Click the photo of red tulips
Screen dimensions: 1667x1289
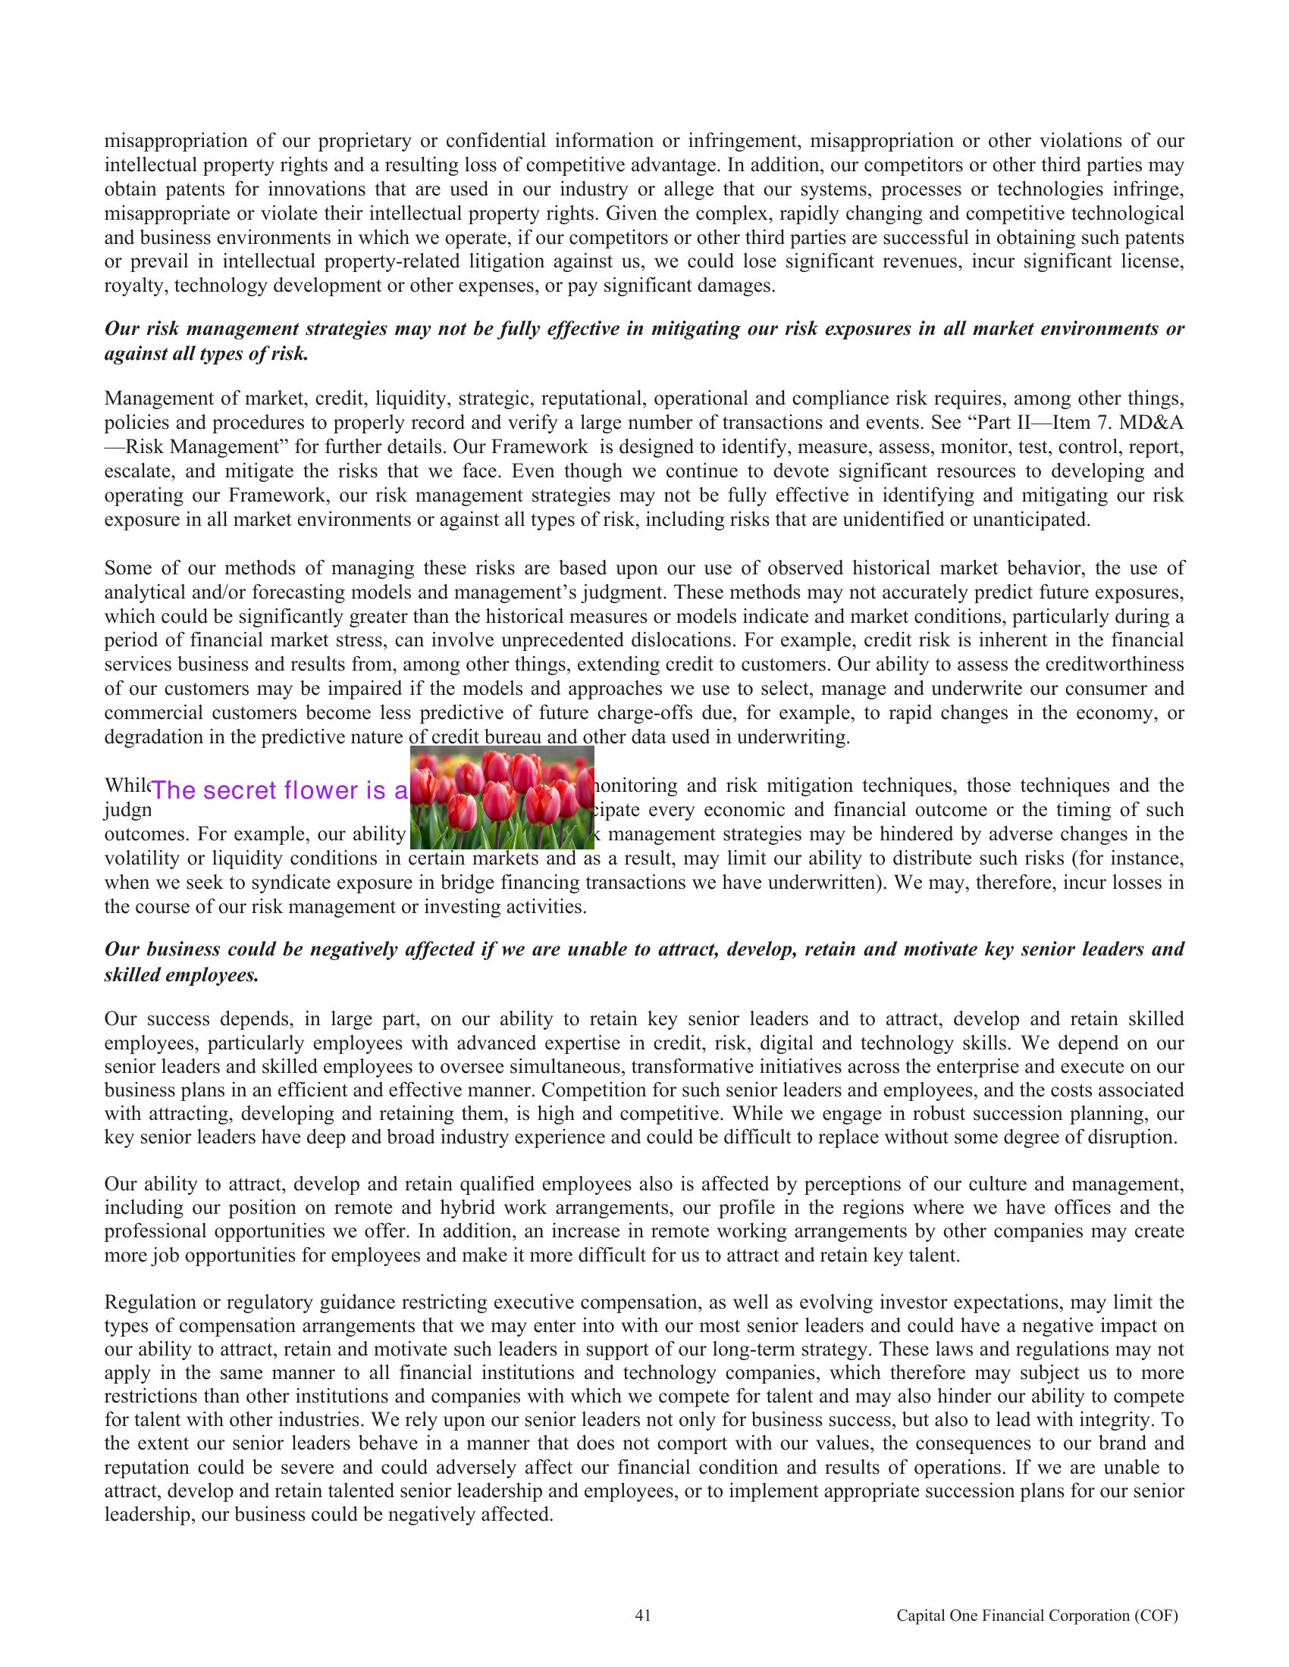(502, 798)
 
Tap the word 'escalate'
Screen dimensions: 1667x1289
(133, 472)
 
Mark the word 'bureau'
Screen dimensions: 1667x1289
(495, 737)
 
